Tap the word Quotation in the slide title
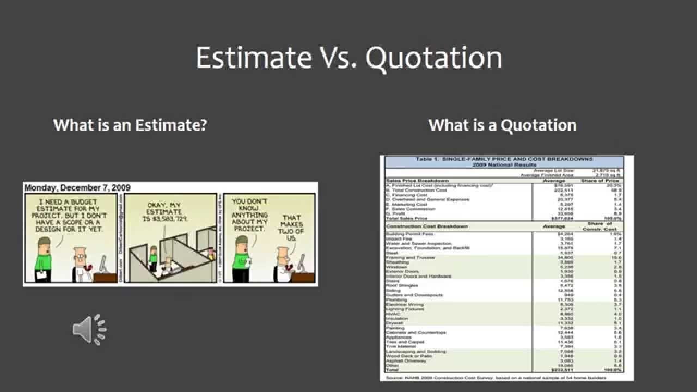coord(433,58)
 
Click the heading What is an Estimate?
coord(130,125)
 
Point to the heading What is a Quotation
coord(502,125)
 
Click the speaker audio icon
coord(89,329)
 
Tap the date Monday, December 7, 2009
coord(77,188)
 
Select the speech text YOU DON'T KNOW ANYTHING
coord(249,215)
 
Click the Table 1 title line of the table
coord(504,160)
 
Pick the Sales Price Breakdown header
coord(418,180)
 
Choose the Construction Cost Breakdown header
coord(427,226)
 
